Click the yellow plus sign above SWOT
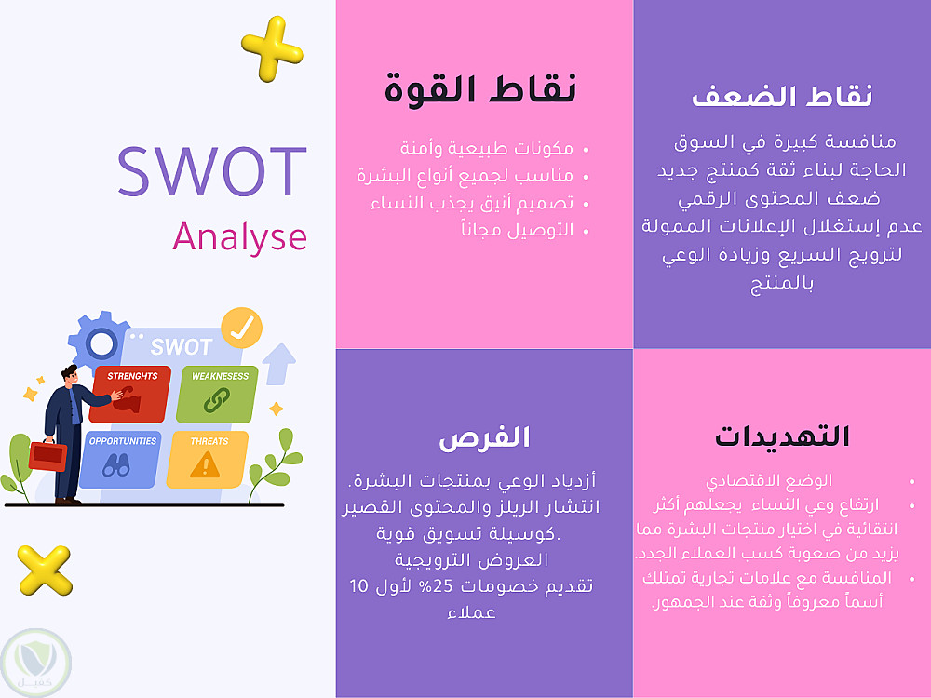(272, 48)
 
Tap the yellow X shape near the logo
(45, 570)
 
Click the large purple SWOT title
(212, 171)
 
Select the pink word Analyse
(240, 237)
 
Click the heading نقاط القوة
(480, 89)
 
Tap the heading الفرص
(484, 438)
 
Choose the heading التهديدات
(782, 436)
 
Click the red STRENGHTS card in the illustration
(130, 394)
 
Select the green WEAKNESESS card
(217, 394)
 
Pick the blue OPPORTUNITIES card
(120, 460)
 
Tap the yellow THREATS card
(208, 460)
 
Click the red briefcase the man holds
(47, 456)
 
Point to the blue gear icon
(100, 342)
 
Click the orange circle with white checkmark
(242, 328)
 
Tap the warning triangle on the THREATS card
(205, 464)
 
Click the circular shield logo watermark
(35, 663)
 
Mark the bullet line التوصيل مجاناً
(517, 230)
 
